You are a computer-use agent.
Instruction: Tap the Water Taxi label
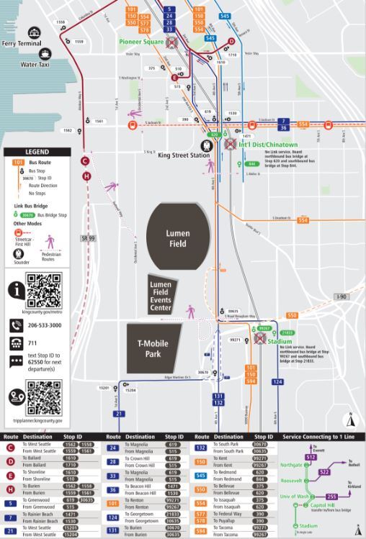point(39,64)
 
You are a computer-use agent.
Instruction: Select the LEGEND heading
point(37,152)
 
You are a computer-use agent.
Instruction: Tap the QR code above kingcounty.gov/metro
point(43,289)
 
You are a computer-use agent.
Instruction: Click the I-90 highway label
point(342,296)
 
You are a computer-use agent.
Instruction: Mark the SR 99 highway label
point(89,237)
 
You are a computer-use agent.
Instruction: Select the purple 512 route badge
point(311,457)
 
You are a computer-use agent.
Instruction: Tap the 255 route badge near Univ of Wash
point(331,497)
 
